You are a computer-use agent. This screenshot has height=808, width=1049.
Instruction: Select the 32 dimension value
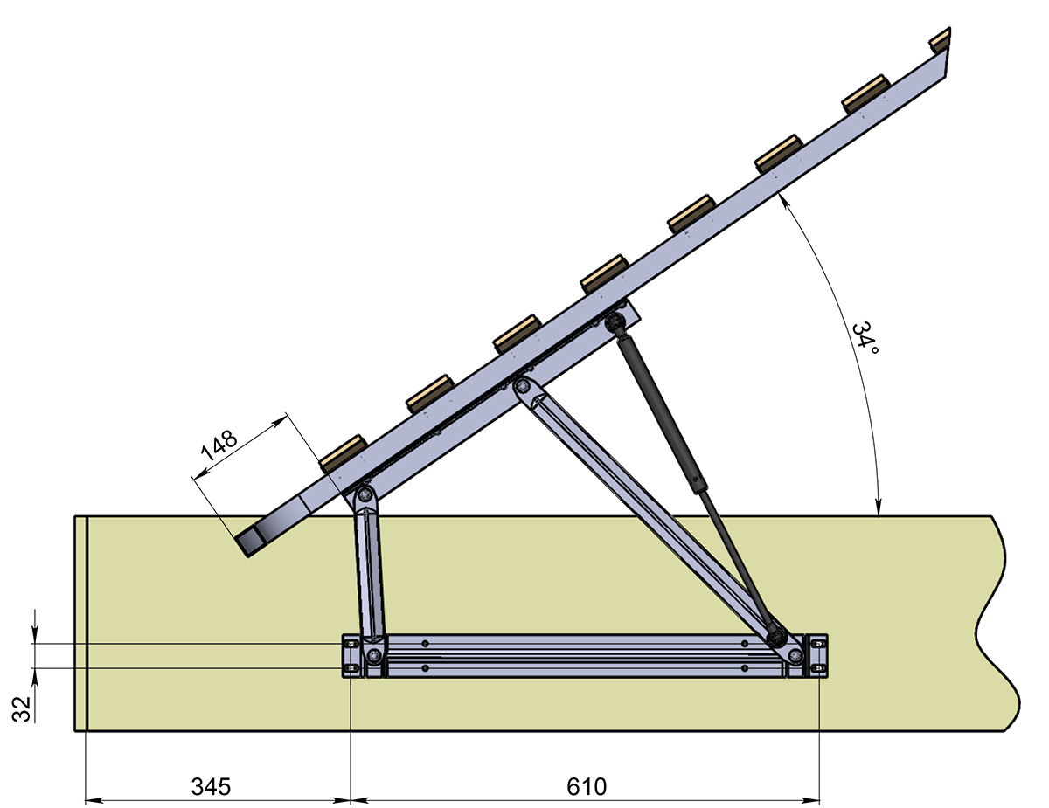(x=21, y=708)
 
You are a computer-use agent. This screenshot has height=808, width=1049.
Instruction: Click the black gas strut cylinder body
(x=662, y=415)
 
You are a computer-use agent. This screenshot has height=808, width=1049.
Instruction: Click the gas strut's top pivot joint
(x=615, y=321)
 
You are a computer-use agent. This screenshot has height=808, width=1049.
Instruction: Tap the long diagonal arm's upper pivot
(x=522, y=386)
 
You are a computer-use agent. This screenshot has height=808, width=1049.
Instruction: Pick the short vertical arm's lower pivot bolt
(x=373, y=655)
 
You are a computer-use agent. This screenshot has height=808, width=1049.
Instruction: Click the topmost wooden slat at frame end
(x=941, y=40)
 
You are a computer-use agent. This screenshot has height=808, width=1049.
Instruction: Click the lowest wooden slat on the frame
(x=343, y=454)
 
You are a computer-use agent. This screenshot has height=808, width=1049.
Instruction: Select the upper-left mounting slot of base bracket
(x=351, y=644)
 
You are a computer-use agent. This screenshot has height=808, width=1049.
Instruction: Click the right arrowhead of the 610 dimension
(x=810, y=800)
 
